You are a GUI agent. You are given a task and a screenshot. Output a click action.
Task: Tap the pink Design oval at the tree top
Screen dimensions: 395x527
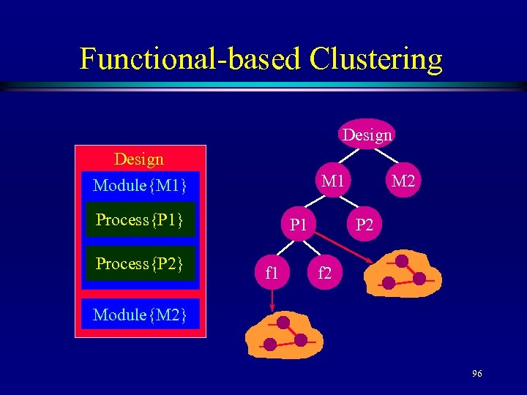pyautogui.click(x=367, y=135)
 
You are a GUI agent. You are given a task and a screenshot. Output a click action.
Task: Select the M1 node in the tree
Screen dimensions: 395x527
pyautogui.click(x=332, y=180)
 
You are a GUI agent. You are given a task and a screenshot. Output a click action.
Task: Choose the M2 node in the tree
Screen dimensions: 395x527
pyautogui.click(x=403, y=180)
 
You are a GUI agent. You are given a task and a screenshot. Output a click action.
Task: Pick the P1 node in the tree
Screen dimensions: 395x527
pyautogui.click(x=298, y=225)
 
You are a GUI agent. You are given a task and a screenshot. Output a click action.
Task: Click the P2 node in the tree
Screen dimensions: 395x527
pyautogui.click(x=364, y=225)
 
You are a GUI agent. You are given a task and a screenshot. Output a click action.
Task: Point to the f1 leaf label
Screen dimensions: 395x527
pyautogui.click(x=272, y=274)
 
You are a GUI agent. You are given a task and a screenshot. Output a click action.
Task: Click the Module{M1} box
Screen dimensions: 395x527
pyautogui.click(x=140, y=186)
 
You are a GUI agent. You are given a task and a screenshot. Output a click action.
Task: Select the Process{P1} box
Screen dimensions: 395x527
pyautogui.click(x=140, y=219)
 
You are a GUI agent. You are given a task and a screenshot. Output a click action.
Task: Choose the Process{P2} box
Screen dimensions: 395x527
pyautogui.click(x=140, y=263)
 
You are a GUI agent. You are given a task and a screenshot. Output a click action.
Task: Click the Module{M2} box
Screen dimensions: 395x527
pyautogui.click(x=140, y=315)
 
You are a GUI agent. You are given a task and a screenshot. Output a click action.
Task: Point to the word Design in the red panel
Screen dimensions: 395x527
pyautogui.click(x=139, y=159)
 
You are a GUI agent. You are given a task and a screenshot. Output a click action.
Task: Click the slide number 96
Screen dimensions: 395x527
pyautogui.click(x=477, y=374)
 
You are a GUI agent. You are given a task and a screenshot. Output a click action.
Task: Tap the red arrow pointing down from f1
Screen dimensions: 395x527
pyautogui.click(x=272, y=298)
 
